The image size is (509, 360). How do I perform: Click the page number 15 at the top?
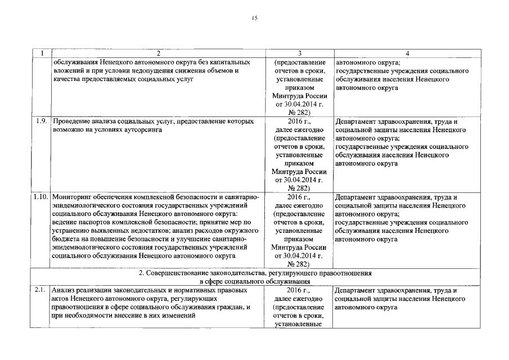coord(254,19)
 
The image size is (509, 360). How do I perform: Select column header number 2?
coord(159,53)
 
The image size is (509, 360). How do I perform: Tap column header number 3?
coord(299,53)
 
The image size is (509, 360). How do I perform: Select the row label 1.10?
coord(40,197)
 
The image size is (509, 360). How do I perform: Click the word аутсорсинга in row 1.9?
coord(135,129)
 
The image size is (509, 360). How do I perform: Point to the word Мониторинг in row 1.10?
coord(71,197)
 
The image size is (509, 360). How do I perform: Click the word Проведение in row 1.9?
coord(71,121)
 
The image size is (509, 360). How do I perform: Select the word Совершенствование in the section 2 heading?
coord(179,273)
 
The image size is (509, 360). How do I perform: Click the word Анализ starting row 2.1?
coord(62,290)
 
